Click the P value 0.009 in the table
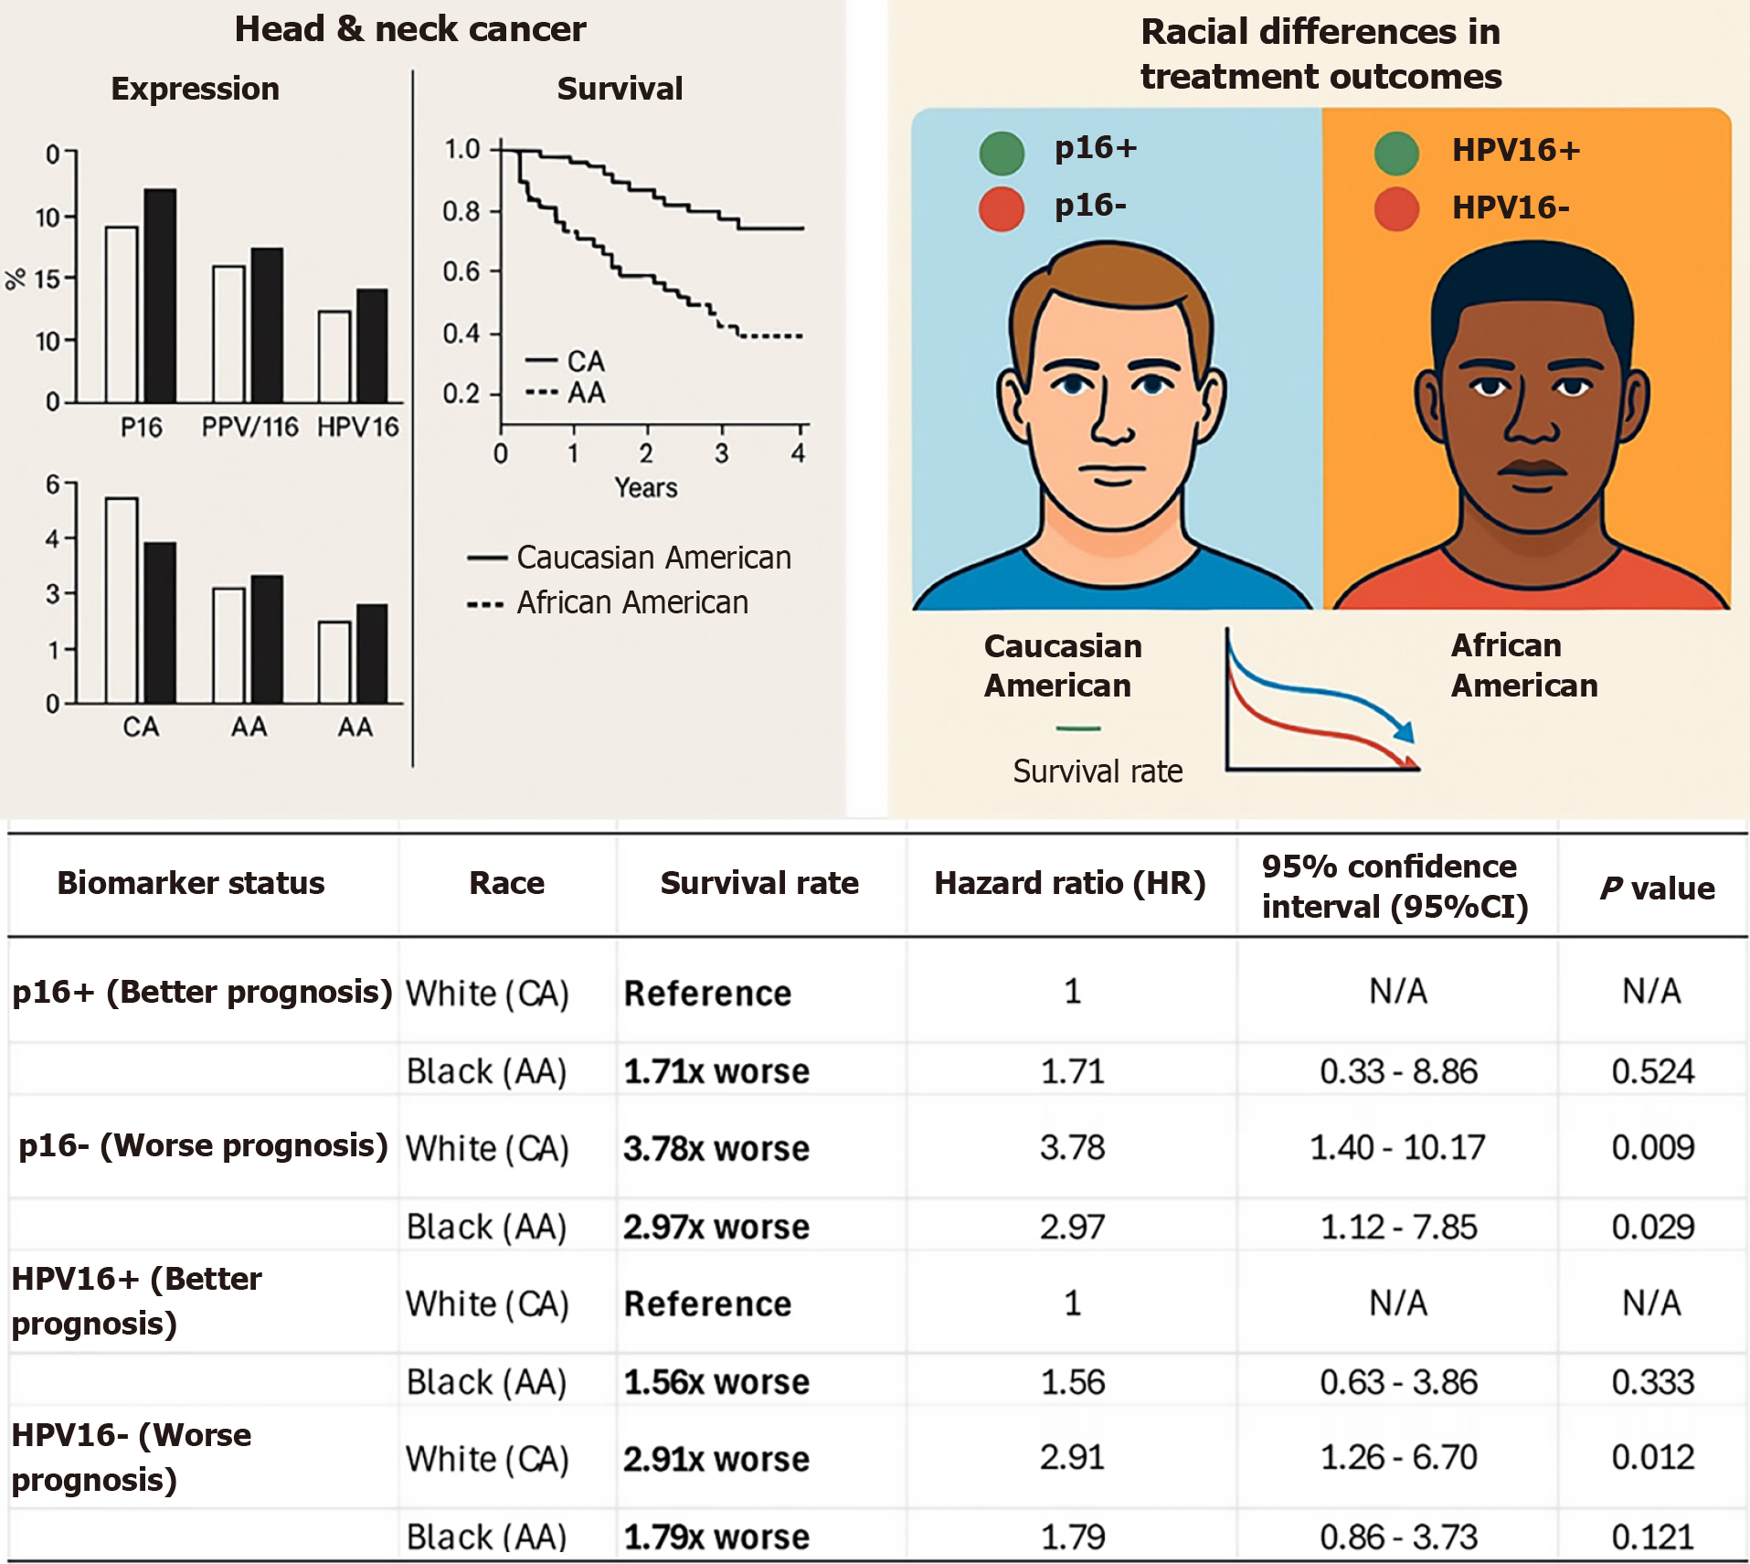point(1652,1147)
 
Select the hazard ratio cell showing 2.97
point(1072,1227)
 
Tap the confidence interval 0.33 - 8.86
point(1398,1071)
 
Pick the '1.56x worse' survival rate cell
point(716,1382)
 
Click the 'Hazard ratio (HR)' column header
point(1070,883)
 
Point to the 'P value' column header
point(1657,888)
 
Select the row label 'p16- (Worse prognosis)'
point(203,1145)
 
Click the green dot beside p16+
point(1002,153)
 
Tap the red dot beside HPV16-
point(1396,208)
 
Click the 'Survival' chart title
point(620,89)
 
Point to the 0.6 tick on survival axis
point(461,271)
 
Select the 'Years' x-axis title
point(646,488)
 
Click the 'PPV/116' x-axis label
point(249,427)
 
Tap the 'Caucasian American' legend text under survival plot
point(653,558)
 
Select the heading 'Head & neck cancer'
point(410,29)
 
